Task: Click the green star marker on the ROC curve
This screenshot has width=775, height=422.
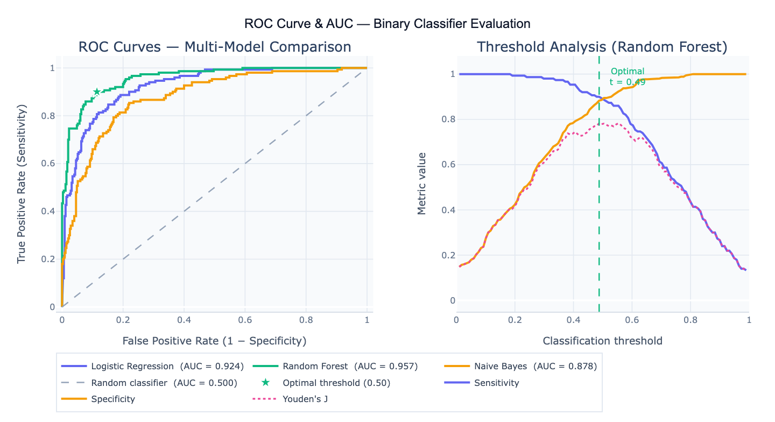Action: pyautogui.click(x=96, y=92)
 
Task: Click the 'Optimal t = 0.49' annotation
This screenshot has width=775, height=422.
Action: pyautogui.click(x=627, y=76)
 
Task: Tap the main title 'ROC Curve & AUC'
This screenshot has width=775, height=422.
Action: pyautogui.click(x=387, y=24)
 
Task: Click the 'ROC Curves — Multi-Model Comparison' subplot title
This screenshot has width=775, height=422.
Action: pyautogui.click(x=215, y=47)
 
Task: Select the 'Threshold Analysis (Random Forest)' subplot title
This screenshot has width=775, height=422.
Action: pyautogui.click(x=602, y=47)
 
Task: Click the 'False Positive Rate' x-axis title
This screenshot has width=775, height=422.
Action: pyautogui.click(x=214, y=341)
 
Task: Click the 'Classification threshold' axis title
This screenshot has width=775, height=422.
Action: pyautogui.click(x=602, y=341)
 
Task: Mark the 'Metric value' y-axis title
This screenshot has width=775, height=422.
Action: pyautogui.click(x=422, y=184)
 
